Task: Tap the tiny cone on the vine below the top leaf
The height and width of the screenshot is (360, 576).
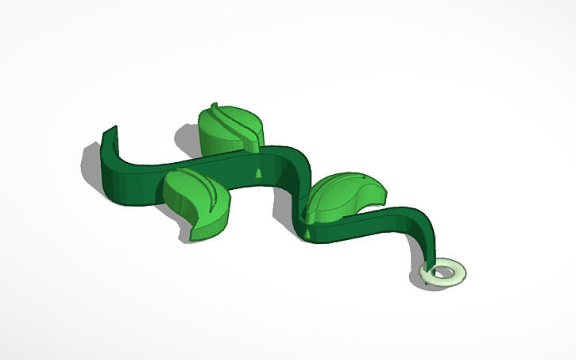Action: click(257, 173)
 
